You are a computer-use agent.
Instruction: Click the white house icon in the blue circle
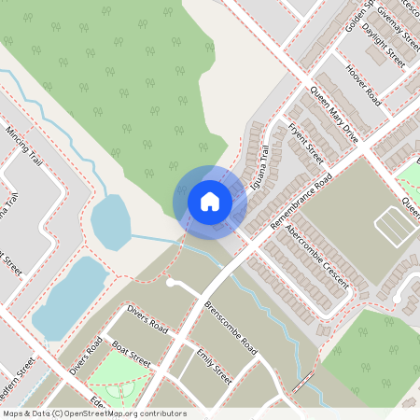(x=209, y=201)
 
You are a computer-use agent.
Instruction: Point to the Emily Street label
(x=215, y=366)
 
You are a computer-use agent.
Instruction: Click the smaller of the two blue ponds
(x=109, y=222)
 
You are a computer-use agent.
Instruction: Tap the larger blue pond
(x=69, y=297)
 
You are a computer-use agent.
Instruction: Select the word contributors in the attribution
(x=161, y=413)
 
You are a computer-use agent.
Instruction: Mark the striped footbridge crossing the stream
(x=302, y=381)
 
